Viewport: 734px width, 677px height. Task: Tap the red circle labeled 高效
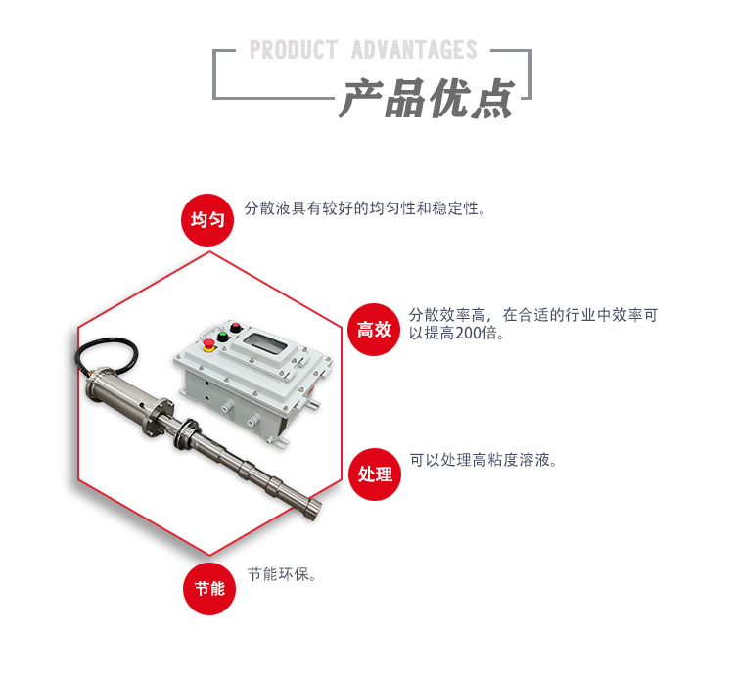375,329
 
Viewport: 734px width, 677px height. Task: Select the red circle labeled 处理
375,474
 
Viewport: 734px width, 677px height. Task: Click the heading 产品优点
428,99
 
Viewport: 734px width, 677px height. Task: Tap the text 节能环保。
282,574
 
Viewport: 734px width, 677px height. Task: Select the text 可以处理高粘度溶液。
483,460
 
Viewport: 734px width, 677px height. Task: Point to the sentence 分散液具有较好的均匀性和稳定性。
365,208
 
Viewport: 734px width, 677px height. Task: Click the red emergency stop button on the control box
207,344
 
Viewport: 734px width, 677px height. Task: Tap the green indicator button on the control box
222,336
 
